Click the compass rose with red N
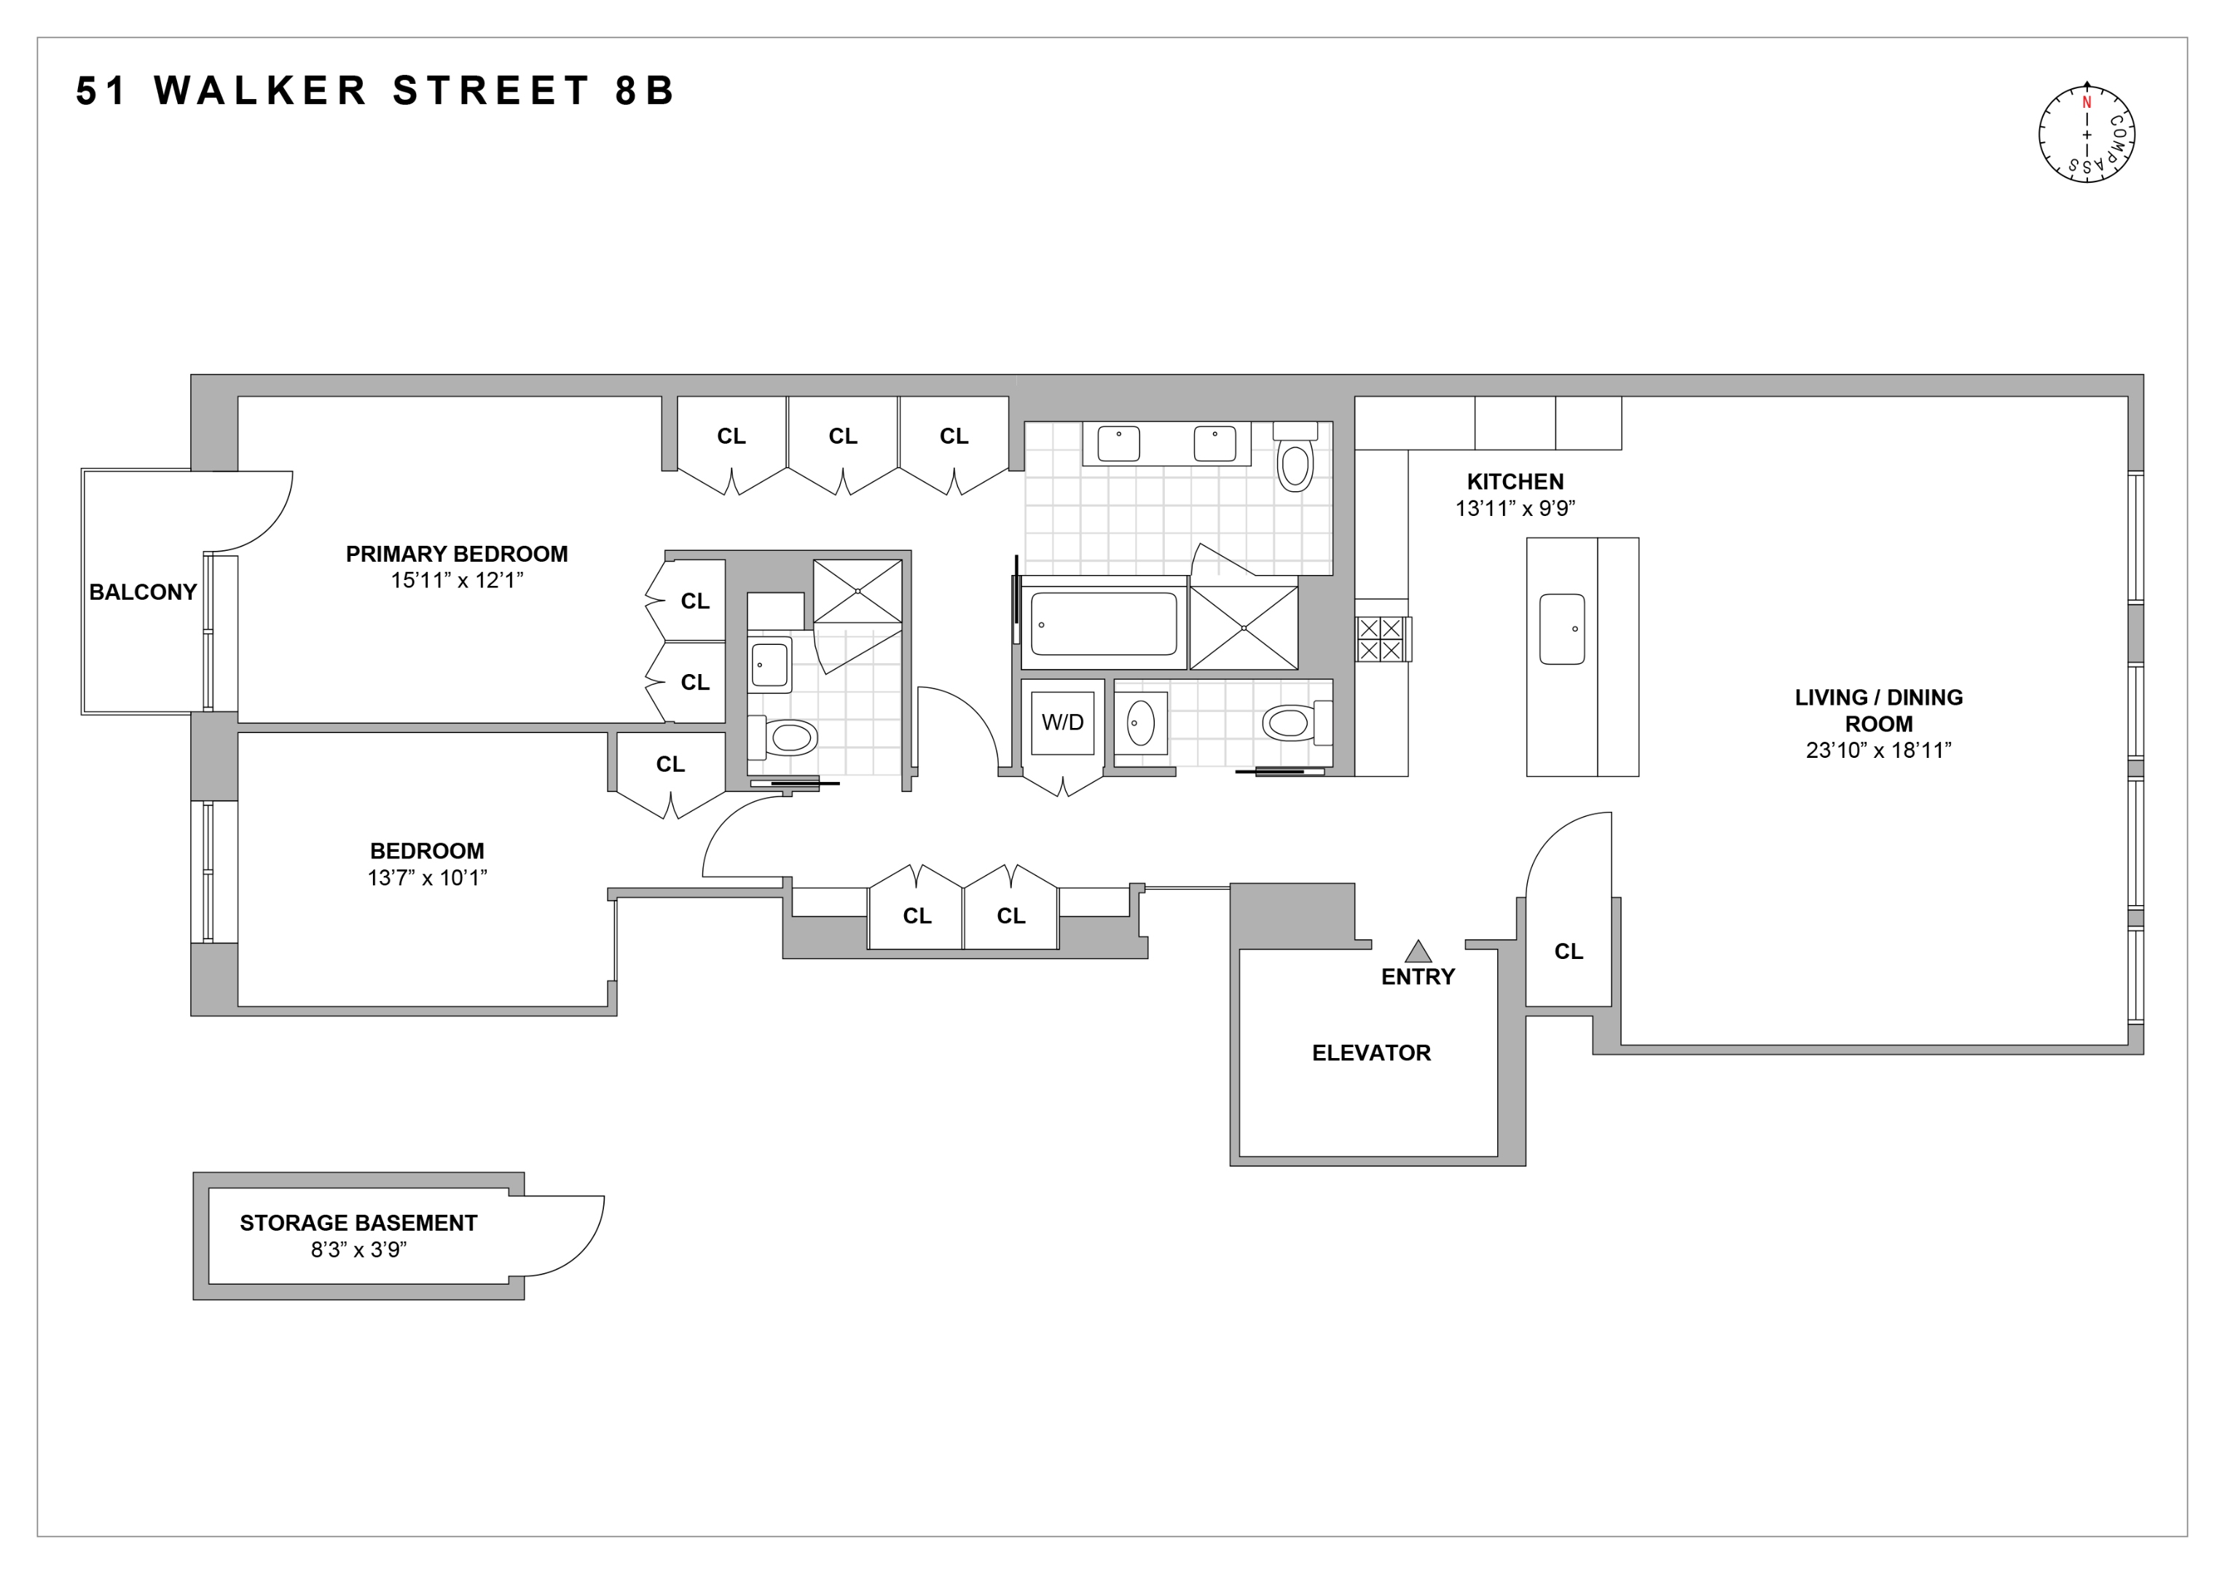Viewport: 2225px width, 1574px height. (2087, 134)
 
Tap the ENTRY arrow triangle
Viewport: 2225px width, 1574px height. (1417, 951)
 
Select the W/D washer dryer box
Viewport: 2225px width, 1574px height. (1062, 722)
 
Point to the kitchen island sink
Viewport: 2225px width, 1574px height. (1561, 629)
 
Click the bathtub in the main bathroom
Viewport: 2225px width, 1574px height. (1103, 624)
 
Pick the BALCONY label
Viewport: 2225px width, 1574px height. (143, 592)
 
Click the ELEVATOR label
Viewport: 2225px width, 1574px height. (1370, 1052)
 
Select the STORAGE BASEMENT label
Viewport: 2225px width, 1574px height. (358, 1223)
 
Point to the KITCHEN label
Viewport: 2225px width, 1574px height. (1514, 482)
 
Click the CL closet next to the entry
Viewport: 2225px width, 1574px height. (1567, 952)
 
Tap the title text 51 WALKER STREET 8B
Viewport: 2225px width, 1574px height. (375, 91)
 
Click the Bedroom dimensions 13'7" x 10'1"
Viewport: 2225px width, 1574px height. (426, 878)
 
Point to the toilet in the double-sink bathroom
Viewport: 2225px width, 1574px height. (1295, 464)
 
